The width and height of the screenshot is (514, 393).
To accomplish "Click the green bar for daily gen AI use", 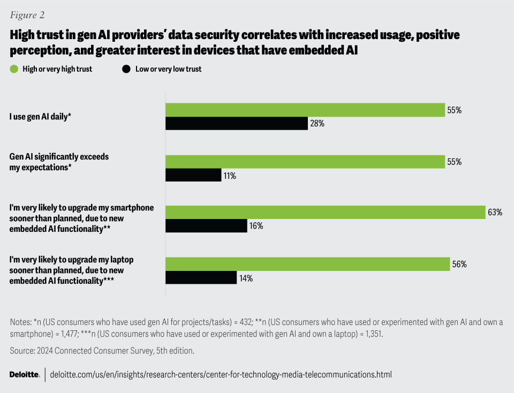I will [305, 110].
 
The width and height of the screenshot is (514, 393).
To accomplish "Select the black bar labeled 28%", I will [236, 124].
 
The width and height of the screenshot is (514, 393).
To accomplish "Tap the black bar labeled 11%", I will [193, 175].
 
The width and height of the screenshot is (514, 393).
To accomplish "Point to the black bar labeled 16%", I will [206, 226].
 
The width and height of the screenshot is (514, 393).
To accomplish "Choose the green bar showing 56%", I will [307, 264].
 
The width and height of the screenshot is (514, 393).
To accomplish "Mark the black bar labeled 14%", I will [201, 278].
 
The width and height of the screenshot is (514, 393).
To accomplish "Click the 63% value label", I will [495, 213].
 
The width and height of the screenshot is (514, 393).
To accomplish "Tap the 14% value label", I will [246, 278].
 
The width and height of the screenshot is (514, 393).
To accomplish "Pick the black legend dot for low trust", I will [126, 69].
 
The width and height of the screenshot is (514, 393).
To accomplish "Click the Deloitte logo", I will [25, 374].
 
